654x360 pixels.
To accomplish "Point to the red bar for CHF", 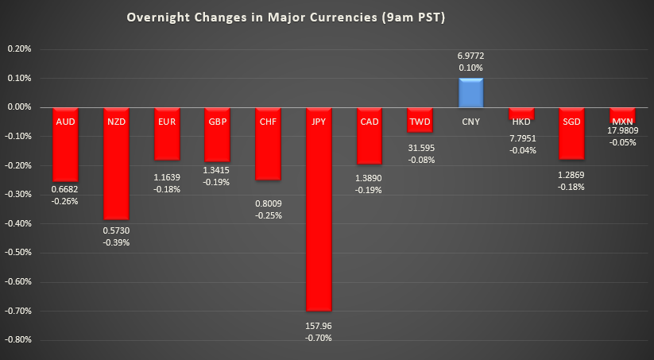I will coord(268,155).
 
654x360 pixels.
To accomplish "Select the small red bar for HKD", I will coord(521,113).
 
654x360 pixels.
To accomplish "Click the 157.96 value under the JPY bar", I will coord(318,324).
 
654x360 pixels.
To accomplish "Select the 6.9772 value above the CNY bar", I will coord(470,56).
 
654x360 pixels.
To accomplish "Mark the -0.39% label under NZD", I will coord(116,242).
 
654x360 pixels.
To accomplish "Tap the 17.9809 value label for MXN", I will coord(621,130).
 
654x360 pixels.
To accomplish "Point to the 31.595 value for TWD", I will coord(420,147).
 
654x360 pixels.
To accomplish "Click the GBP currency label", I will coord(217,122).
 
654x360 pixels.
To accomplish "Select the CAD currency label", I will coord(369,122).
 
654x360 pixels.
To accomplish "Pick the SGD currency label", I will coord(571,122).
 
